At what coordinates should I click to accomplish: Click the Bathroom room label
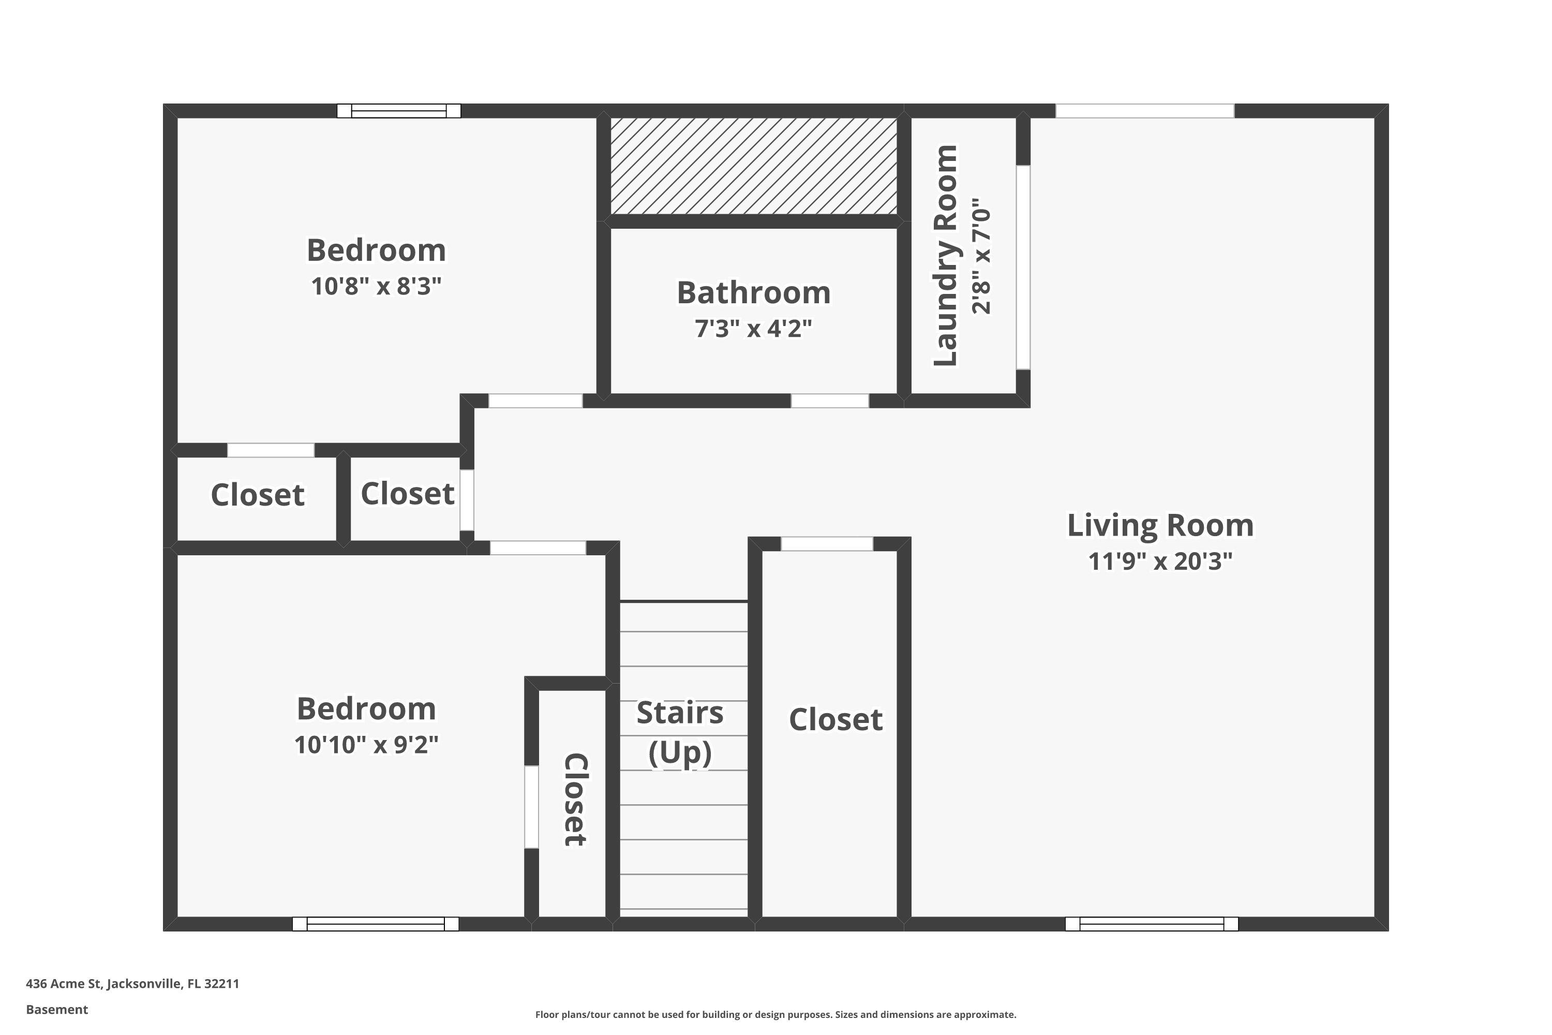coord(754,292)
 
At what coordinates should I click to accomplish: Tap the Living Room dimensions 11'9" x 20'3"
coord(1160,561)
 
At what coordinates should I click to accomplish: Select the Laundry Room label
coord(945,256)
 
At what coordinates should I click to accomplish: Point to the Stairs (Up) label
coord(680,732)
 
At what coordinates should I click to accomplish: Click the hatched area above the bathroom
coord(754,166)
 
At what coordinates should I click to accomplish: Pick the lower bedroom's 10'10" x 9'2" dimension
coord(366,745)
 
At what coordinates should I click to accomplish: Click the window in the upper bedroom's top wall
coord(398,111)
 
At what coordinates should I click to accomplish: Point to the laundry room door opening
coord(1023,268)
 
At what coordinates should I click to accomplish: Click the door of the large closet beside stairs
coord(827,544)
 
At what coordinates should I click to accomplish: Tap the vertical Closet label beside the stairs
coord(575,800)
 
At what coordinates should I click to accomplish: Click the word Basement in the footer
coord(57,1009)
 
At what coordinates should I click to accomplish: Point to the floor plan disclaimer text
coord(775,1014)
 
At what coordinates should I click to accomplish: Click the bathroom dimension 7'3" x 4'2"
coord(754,328)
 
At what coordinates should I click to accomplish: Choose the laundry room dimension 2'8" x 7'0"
coord(981,256)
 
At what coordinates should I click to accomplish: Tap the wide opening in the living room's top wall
coord(1145,111)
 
